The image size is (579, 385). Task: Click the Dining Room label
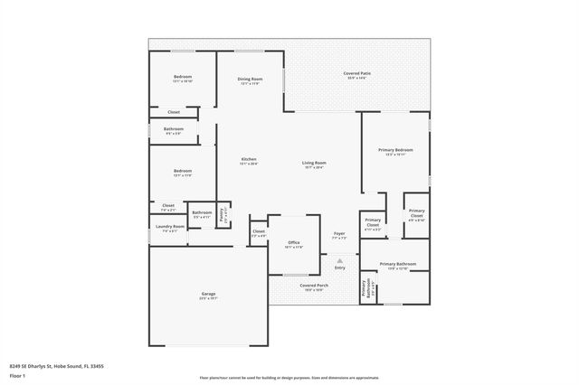[250, 79]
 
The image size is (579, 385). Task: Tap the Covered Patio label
[356, 73]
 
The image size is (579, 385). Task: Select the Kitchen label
[249, 159]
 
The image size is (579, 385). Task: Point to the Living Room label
[314, 163]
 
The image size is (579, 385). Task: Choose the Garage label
[208, 294]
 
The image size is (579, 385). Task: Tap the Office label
[294, 242]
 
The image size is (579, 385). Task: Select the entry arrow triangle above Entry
[340, 259]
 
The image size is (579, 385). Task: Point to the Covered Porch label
[314, 286]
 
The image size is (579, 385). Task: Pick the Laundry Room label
[170, 227]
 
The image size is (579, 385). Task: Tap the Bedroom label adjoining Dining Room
[183, 77]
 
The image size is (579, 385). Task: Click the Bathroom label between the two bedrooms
[174, 129]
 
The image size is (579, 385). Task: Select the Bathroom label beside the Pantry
[202, 213]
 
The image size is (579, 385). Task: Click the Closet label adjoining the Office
[259, 231]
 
